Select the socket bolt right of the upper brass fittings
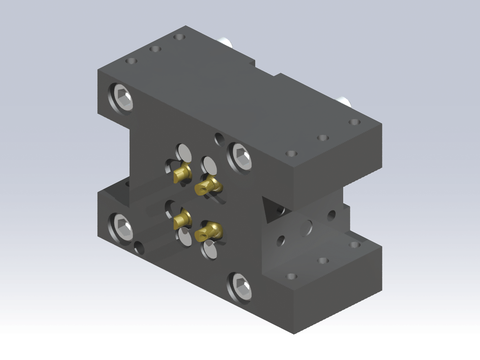(241, 155)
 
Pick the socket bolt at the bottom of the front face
(241, 285)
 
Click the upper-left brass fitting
(181, 175)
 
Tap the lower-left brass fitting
(181, 218)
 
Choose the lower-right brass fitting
(208, 232)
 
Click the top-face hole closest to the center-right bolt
(291, 153)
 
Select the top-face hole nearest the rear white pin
(179, 37)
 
